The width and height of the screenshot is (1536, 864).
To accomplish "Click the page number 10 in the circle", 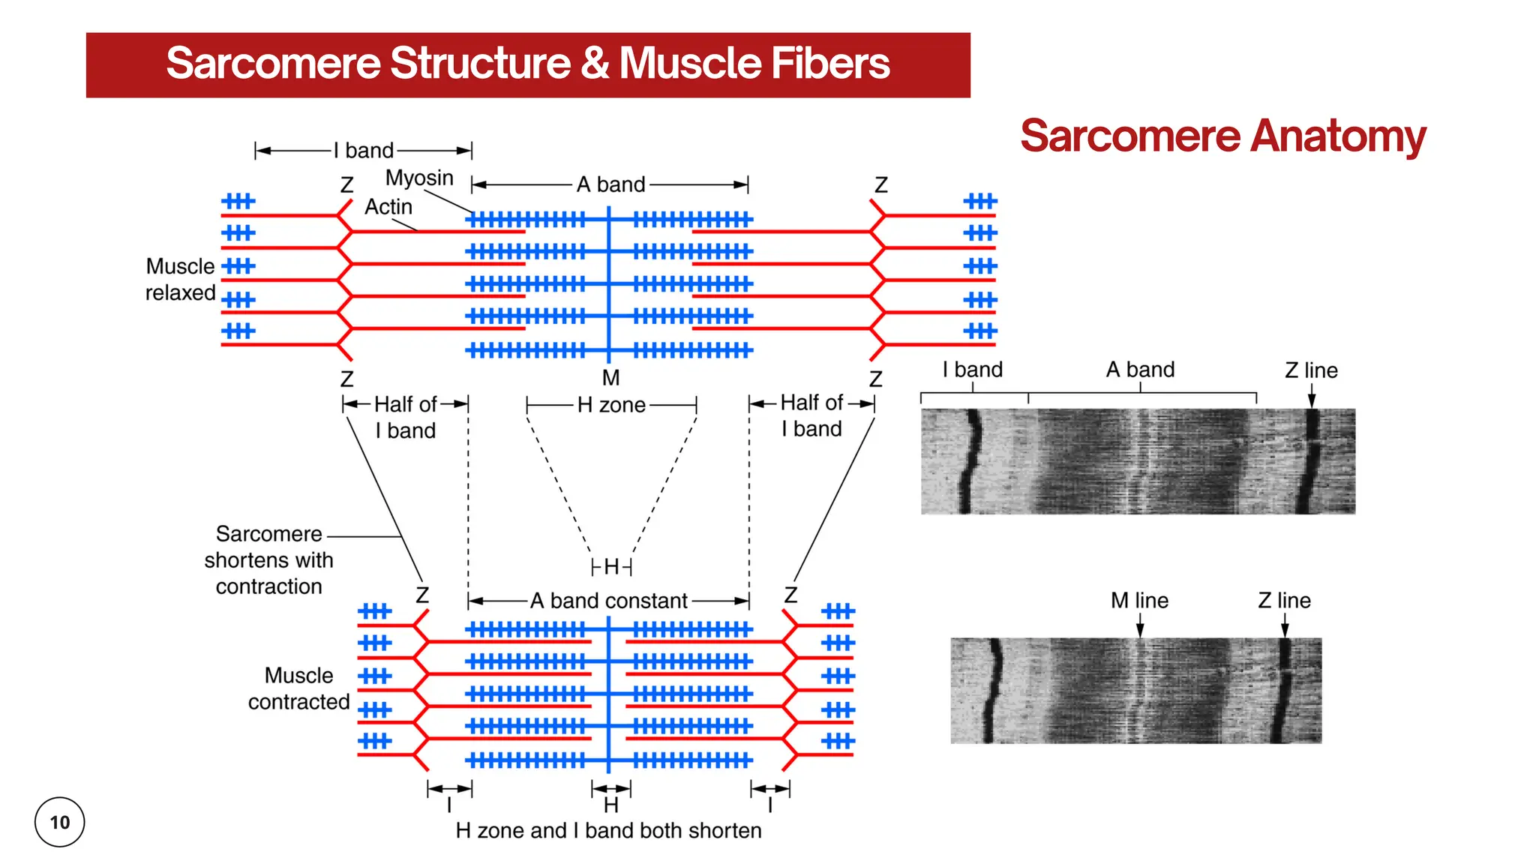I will [59, 822].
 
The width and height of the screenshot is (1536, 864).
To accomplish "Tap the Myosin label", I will [419, 178].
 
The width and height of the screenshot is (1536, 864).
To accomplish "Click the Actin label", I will [388, 206].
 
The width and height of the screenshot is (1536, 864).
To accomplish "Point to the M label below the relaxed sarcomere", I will [610, 377].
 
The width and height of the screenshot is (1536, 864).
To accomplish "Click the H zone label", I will [611, 405].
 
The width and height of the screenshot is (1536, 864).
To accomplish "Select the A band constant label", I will [608, 601].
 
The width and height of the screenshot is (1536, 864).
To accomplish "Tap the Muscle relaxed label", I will [181, 280].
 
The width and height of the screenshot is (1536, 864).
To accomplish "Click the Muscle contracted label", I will [298, 688].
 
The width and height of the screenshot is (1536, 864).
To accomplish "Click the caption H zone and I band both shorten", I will [608, 830].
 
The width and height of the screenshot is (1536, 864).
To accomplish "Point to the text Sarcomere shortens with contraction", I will [268, 560].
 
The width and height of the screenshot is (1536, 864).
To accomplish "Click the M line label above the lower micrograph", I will [1139, 600].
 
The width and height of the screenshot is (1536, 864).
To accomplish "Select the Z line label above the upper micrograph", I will [1311, 370].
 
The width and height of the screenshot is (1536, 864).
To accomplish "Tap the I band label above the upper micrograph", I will [973, 369].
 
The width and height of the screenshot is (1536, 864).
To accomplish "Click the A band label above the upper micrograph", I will [1140, 369].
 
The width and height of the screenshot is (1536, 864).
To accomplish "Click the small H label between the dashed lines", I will [611, 566].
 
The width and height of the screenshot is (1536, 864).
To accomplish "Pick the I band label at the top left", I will [364, 150].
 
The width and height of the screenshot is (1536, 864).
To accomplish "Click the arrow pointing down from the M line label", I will [1140, 625].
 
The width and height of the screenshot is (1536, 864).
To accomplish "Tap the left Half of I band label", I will [405, 417].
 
